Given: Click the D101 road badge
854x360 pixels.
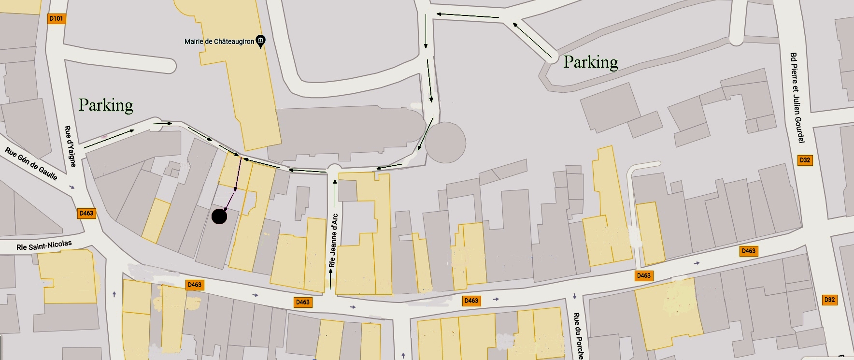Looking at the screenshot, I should (x=57, y=18).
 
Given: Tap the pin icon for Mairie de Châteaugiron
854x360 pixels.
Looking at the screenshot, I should (x=260, y=41).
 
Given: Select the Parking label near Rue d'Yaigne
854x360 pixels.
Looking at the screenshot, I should (x=106, y=105).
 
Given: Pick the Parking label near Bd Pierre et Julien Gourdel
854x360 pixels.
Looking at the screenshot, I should (x=590, y=62).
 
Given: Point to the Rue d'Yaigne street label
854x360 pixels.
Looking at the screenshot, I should (x=70, y=146).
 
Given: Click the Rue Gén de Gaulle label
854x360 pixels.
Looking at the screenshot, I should (x=31, y=163).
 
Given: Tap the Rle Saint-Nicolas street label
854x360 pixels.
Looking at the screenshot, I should (x=44, y=245).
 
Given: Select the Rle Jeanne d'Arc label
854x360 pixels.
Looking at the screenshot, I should (x=333, y=240).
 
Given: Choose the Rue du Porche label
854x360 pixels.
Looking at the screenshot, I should (x=578, y=335).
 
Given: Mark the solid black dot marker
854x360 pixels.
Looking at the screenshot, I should (x=219, y=216).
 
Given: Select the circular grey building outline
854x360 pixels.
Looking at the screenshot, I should (x=445, y=143).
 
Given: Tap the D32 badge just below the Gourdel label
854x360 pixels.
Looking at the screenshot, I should (x=805, y=160).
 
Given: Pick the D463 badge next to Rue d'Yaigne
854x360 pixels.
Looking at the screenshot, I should (x=86, y=213).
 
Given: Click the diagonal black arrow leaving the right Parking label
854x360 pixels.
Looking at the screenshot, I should (x=532, y=39).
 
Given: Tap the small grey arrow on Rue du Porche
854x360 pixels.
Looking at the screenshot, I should (x=574, y=296).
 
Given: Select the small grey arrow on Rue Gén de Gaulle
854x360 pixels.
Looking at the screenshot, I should (x=72, y=187).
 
